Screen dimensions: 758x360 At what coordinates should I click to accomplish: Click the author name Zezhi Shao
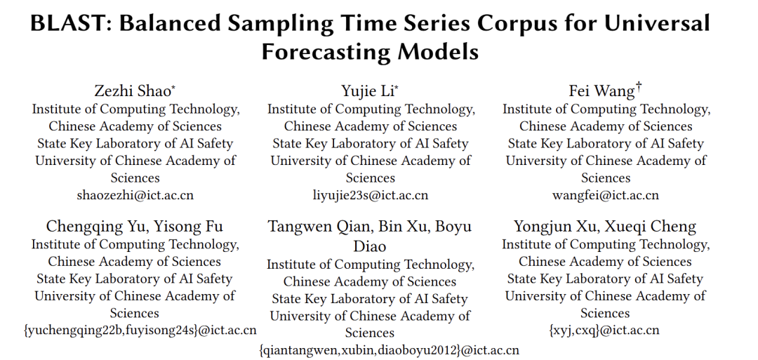tap(133, 91)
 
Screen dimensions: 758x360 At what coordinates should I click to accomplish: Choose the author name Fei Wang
tap(602, 91)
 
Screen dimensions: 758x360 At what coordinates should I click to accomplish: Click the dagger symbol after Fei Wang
tap(639, 87)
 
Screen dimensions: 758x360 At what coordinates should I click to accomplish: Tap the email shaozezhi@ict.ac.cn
tap(135, 195)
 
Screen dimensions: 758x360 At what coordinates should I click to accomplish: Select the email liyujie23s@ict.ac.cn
tap(371, 195)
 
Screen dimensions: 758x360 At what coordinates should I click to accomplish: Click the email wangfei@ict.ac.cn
tap(605, 195)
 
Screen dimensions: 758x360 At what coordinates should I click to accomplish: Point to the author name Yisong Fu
tap(189, 226)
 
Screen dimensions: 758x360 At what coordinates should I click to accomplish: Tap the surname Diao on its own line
tap(370, 246)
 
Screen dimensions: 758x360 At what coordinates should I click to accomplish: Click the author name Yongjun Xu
tap(561, 226)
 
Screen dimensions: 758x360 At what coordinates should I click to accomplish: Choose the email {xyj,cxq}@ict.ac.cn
tap(604, 331)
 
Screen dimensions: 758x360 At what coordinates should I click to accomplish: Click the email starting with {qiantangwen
tap(389, 350)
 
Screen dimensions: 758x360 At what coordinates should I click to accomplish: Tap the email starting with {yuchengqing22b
tap(140, 331)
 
